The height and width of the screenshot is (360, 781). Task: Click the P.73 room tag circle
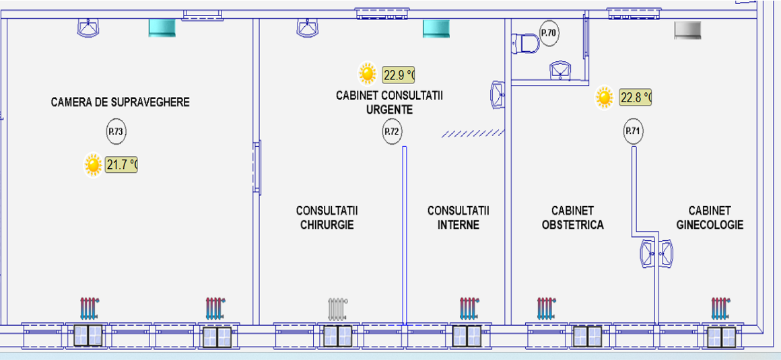pos(116,132)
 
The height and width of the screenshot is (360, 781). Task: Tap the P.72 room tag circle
pos(392,132)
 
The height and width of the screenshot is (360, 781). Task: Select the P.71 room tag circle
pos(632,131)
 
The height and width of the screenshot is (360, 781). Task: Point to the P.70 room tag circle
pos(549,32)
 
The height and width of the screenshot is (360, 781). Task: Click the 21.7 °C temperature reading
pos(121,164)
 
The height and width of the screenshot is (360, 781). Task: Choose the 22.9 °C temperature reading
pos(398,74)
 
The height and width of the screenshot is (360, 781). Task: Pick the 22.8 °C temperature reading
pos(636,98)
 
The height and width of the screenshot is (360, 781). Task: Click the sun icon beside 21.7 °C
pos(93,164)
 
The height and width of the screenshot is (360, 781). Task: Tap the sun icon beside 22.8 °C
pos(605,98)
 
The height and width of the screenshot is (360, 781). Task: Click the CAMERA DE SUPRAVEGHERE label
pos(121,102)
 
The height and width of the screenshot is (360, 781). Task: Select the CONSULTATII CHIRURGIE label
pos(327,217)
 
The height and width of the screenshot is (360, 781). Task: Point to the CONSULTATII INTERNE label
pos(458,217)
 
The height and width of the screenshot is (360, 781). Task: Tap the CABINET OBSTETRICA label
pos(572,217)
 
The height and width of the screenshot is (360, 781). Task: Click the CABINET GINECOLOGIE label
pos(710,217)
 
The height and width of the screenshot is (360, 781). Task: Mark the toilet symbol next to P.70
pos(525,44)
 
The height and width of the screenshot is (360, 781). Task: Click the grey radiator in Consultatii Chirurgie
pos(337,309)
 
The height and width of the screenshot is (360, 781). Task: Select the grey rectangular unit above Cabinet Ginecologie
pos(688,29)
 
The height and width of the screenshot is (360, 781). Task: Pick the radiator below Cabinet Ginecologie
pos(720,308)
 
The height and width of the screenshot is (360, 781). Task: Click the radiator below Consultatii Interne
pos(469,308)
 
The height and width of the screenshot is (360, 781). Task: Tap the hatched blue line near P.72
pos(473,134)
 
